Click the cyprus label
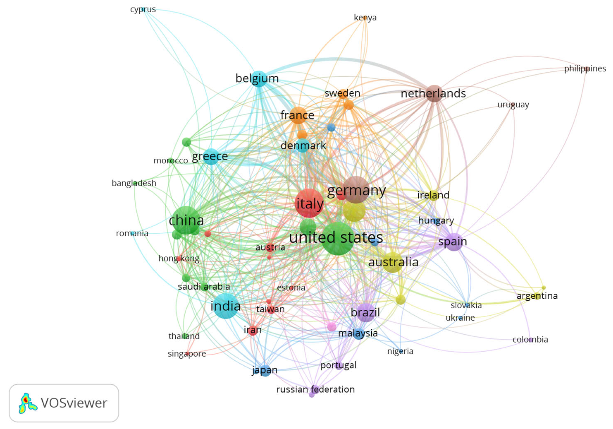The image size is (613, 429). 143,9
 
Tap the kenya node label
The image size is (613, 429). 365,18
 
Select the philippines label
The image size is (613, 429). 585,69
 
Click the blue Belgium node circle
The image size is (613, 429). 259,79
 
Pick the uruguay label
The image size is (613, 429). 513,104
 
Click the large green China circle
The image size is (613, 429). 186,220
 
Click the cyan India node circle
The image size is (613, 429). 226,306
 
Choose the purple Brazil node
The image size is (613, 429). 365,312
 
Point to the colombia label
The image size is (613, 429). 530,340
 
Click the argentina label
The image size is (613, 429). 537,296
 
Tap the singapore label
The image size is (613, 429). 187,354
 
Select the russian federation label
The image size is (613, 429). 315,389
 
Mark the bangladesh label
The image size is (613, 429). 134,183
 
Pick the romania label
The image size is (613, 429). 132,233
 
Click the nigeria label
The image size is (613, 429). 400,351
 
